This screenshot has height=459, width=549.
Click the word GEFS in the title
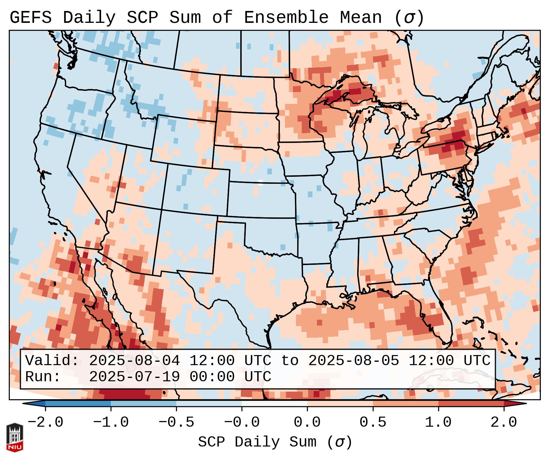(30, 18)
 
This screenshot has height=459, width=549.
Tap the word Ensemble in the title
(286, 18)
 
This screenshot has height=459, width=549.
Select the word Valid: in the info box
(52, 361)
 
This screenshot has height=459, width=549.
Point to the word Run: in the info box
(43, 377)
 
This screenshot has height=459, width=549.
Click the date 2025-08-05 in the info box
(354, 361)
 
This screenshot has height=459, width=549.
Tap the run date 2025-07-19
(134, 377)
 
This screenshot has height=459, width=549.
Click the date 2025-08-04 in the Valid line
(134, 361)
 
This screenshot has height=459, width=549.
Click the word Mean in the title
(361, 18)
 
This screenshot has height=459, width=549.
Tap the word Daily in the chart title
(89, 18)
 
